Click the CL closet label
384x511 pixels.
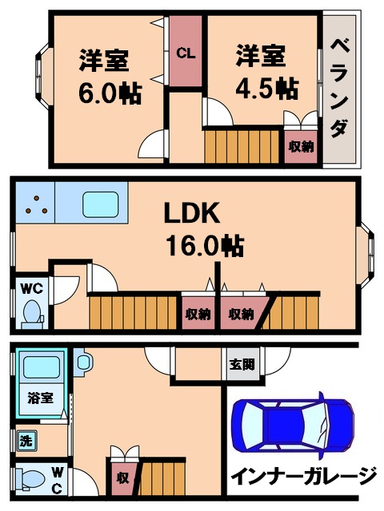[x=186, y=53]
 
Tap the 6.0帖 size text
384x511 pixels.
[x=110, y=93]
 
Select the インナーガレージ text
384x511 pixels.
[x=303, y=477]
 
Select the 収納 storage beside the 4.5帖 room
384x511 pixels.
[x=301, y=146]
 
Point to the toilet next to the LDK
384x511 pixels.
[x=32, y=311]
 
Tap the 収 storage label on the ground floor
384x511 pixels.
[x=122, y=477]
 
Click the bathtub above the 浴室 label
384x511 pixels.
[x=41, y=368]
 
